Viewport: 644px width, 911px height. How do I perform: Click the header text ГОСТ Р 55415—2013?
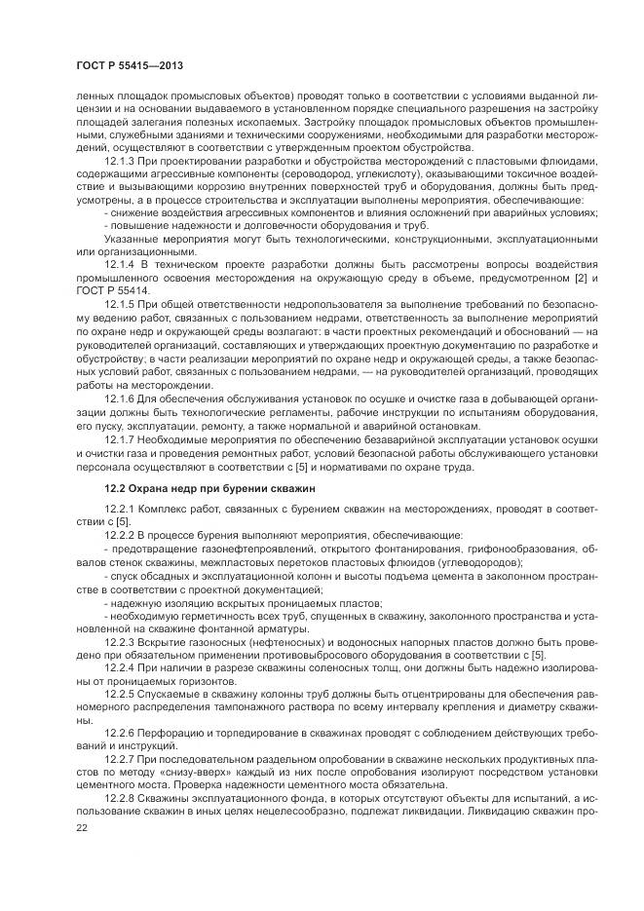[129, 64]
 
